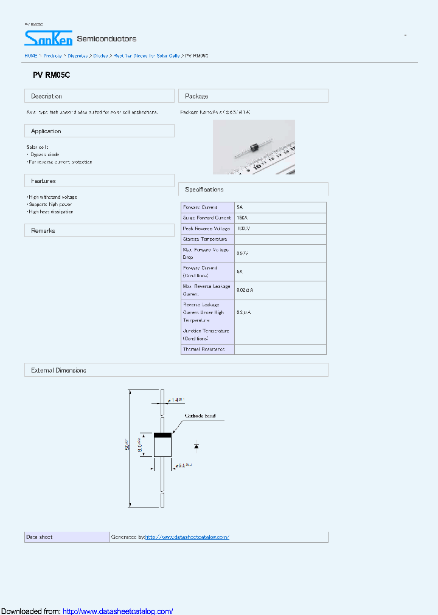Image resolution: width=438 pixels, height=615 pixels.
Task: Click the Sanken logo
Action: pos(48,38)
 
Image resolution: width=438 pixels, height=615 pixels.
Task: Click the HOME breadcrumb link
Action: pos(30,55)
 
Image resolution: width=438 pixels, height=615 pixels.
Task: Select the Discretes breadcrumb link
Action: pos(77,55)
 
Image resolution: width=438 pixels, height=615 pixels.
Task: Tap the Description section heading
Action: pos(46,96)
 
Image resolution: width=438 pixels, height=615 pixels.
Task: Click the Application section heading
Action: pos(46,131)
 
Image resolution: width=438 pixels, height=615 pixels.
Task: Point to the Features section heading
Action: pos(43,181)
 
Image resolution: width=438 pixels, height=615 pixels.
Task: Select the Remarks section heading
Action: pos(43,231)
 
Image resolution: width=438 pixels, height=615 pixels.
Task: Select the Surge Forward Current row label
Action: pos(207,218)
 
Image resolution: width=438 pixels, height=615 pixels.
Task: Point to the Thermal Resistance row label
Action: pos(204,349)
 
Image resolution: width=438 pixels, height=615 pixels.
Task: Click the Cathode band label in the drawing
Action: pos(200,416)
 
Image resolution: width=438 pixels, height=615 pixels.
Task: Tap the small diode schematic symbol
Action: pos(196,446)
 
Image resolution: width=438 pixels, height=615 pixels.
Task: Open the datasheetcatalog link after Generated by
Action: pos(187,537)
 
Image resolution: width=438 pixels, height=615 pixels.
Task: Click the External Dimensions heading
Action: pos(58,370)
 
